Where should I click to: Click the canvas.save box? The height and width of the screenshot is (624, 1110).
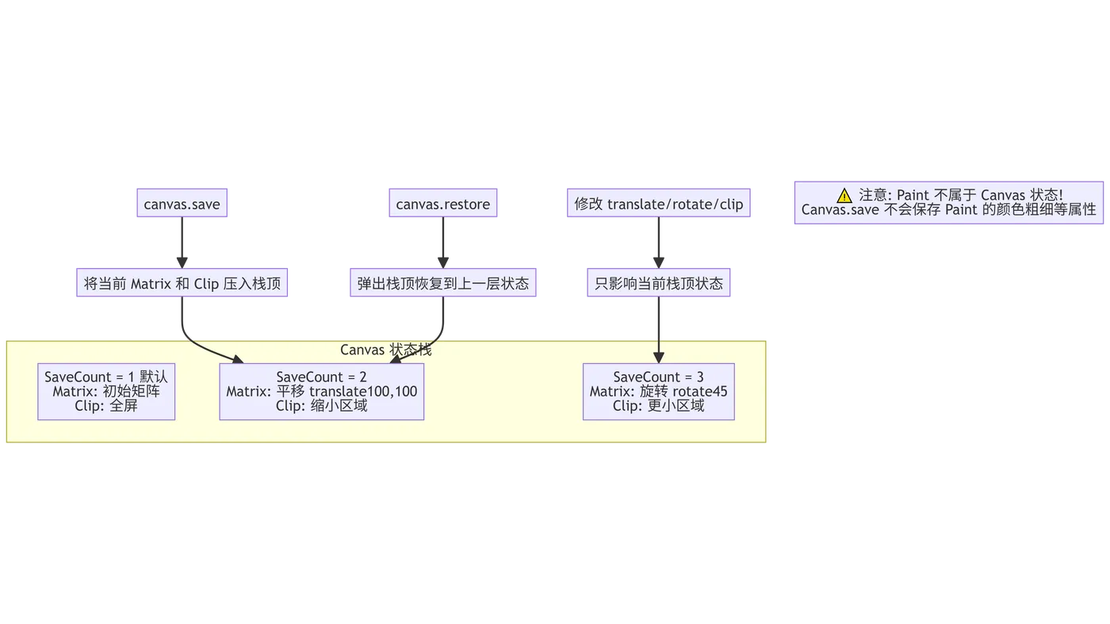tap(182, 204)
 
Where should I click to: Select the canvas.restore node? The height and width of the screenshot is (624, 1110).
tap(443, 204)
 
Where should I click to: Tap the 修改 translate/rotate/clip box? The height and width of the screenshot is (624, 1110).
tap(659, 204)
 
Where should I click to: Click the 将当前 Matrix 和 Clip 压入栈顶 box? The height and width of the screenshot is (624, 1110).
tap(182, 283)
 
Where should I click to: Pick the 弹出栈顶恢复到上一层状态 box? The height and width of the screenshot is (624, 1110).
tap(443, 283)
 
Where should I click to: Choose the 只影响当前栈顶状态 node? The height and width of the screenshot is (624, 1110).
tap(659, 283)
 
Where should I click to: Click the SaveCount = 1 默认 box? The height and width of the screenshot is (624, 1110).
tap(106, 391)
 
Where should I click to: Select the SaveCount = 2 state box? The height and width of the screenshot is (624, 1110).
tap(321, 391)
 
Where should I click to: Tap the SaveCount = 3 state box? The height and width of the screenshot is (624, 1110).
tap(658, 391)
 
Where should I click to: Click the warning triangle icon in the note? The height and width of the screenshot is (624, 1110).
tap(844, 195)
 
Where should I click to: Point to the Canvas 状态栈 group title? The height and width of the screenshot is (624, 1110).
tap(385, 350)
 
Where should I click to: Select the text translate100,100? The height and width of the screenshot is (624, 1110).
tap(363, 392)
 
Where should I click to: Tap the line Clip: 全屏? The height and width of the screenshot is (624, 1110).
tap(106, 406)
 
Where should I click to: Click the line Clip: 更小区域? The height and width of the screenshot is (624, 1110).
tap(658, 406)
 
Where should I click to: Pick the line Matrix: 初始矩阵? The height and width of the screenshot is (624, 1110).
tap(106, 392)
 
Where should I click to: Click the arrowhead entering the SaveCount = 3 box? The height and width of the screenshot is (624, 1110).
tap(658, 357)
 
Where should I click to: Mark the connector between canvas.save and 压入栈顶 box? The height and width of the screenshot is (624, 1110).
tap(182, 242)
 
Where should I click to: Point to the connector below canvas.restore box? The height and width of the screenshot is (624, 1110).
tap(443, 242)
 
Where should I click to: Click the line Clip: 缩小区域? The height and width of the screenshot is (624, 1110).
tap(321, 406)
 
